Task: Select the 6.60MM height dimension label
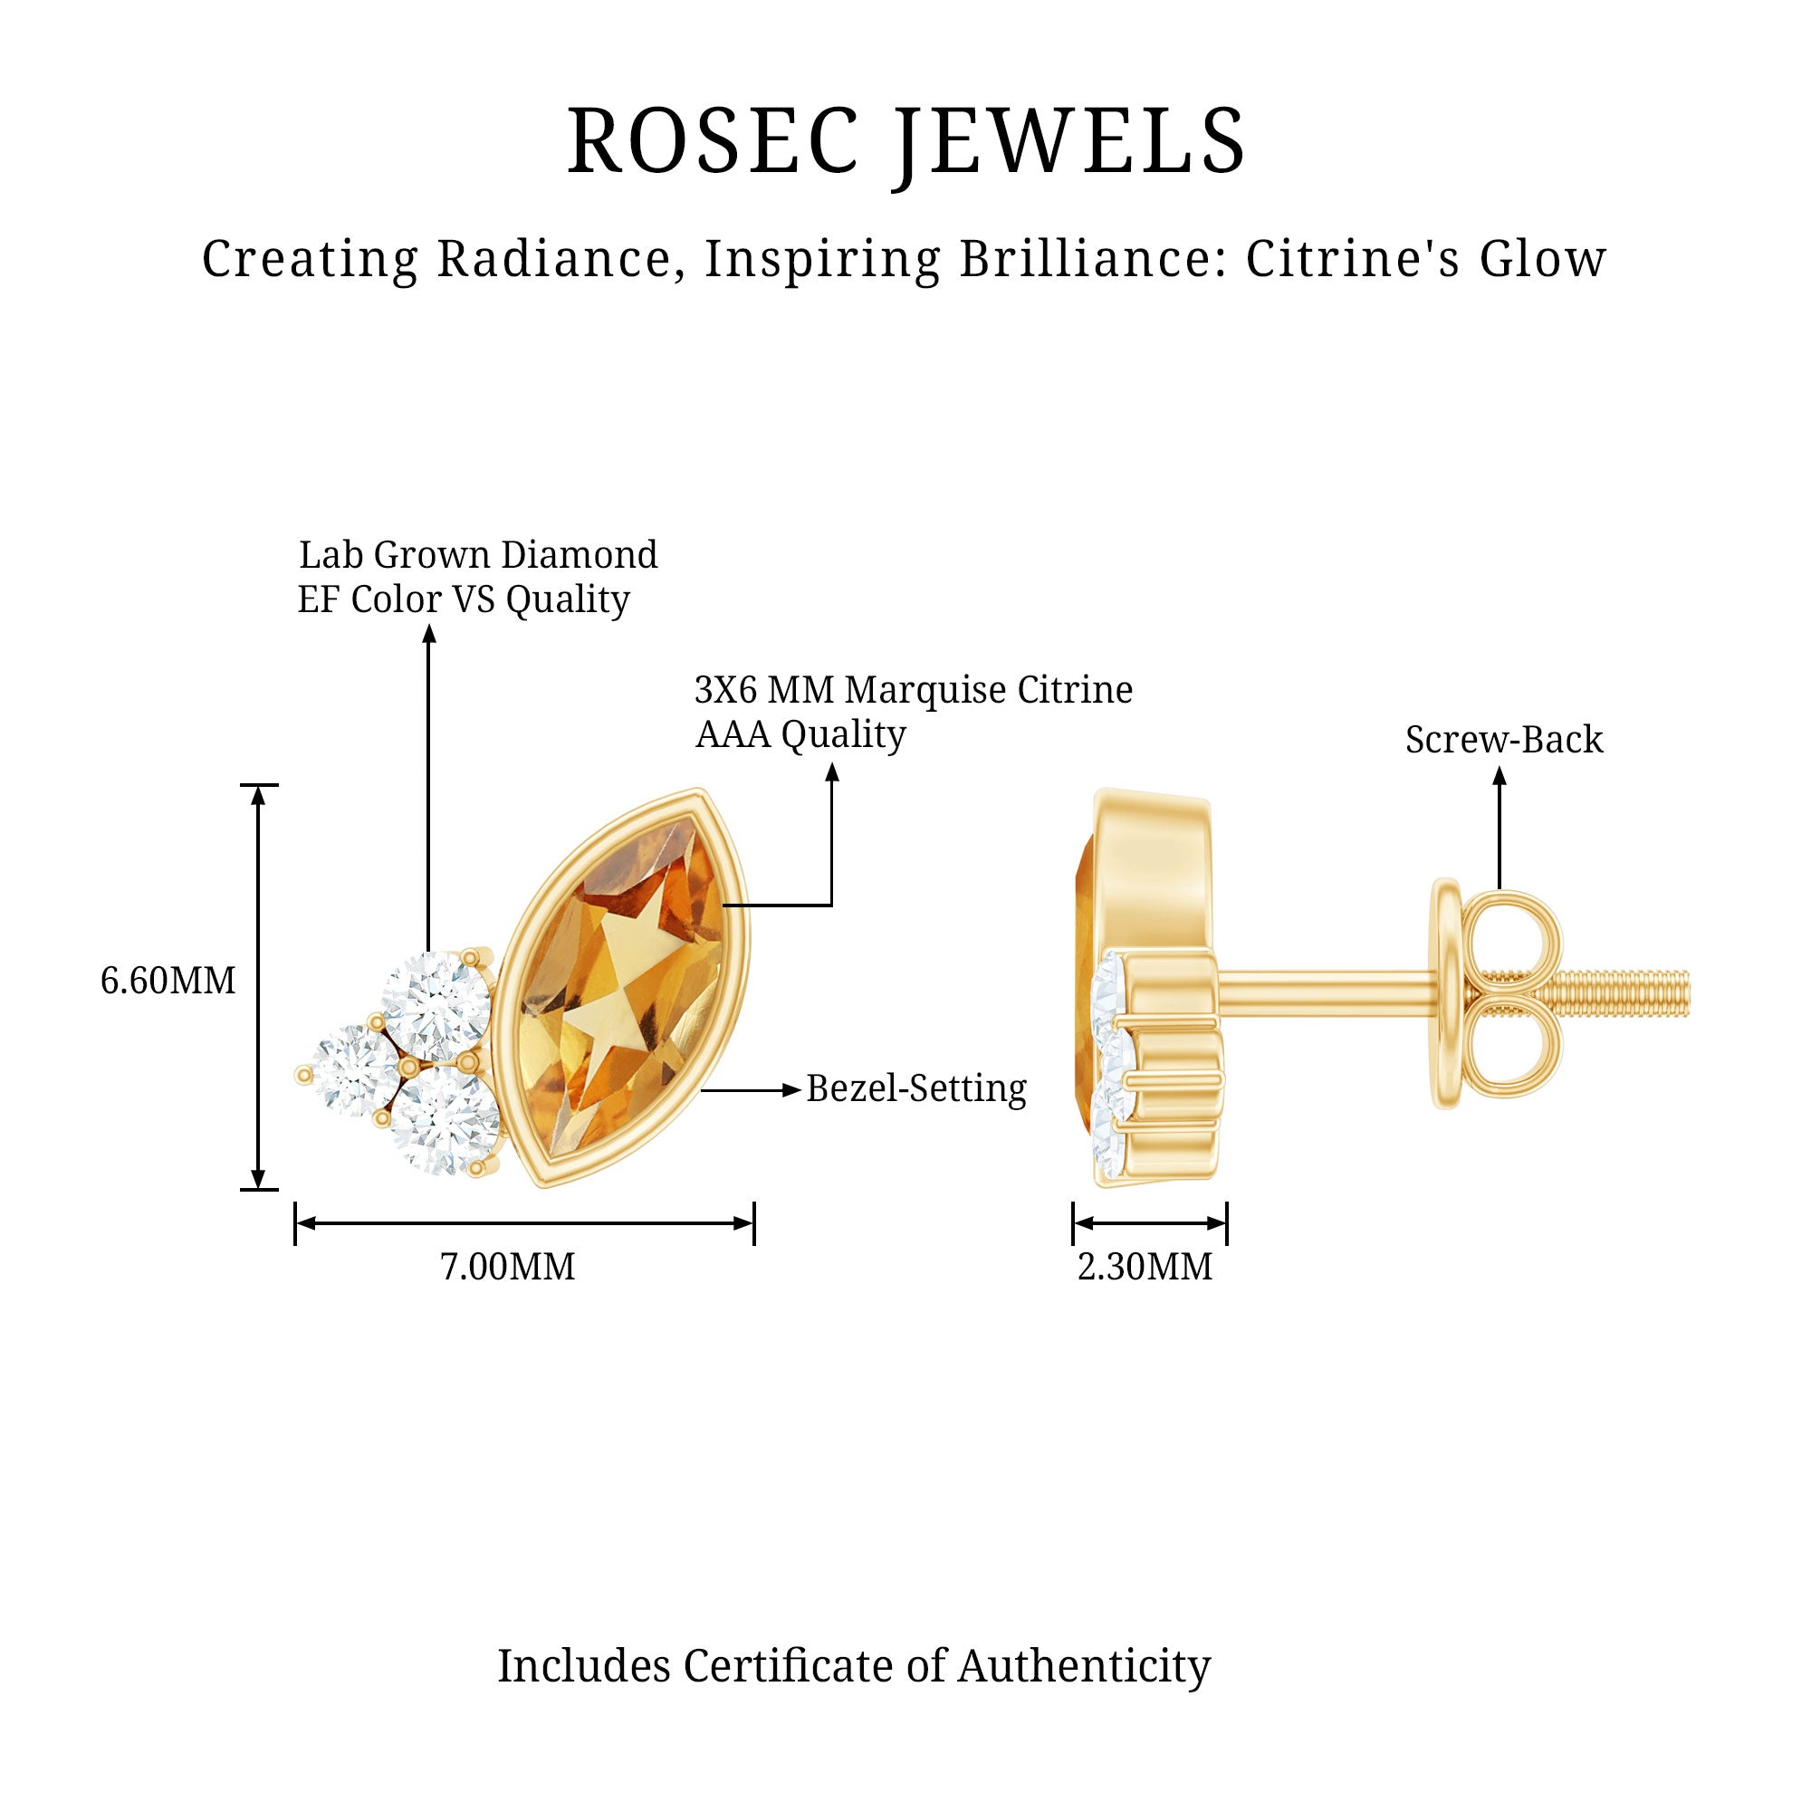click(x=168, y=982)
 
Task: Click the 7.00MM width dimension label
click(x=507, y=1268)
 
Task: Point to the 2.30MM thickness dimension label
click(x=1145, y=1268)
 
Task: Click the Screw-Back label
click(x=1503, y=741)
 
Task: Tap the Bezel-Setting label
click(x=916, y=1088)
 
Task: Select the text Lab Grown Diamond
click(x=478, y=555)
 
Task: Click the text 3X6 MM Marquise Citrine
click(x=913, y=690)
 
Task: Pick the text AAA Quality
click(x=800, y=735)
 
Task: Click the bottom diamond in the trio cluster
click(x=446, y=1121)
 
